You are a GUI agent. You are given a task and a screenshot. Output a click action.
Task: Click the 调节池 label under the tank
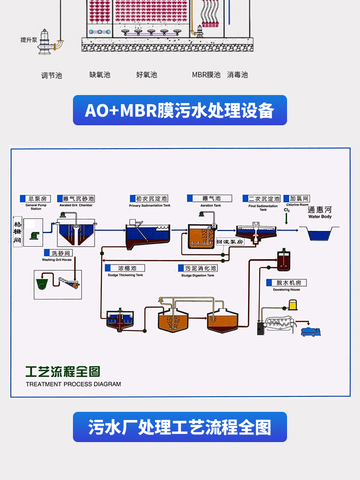(x=51, y=75)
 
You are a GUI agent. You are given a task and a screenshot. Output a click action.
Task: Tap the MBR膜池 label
(x=206, y=75)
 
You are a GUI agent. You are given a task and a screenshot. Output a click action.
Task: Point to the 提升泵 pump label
(x=28, y=40)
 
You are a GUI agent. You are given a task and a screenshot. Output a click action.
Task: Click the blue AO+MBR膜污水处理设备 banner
(x=180, y=110)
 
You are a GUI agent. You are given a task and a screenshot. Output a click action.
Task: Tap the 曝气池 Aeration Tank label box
(x=210, y=198)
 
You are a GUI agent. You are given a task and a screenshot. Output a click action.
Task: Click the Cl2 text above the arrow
(x=287, y=210)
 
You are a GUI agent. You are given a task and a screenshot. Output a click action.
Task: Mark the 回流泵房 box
(x=231, y=242)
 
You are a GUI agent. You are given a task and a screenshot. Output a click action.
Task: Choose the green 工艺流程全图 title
(x=63, y=372)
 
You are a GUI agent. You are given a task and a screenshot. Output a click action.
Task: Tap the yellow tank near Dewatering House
(x=293, y=304)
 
